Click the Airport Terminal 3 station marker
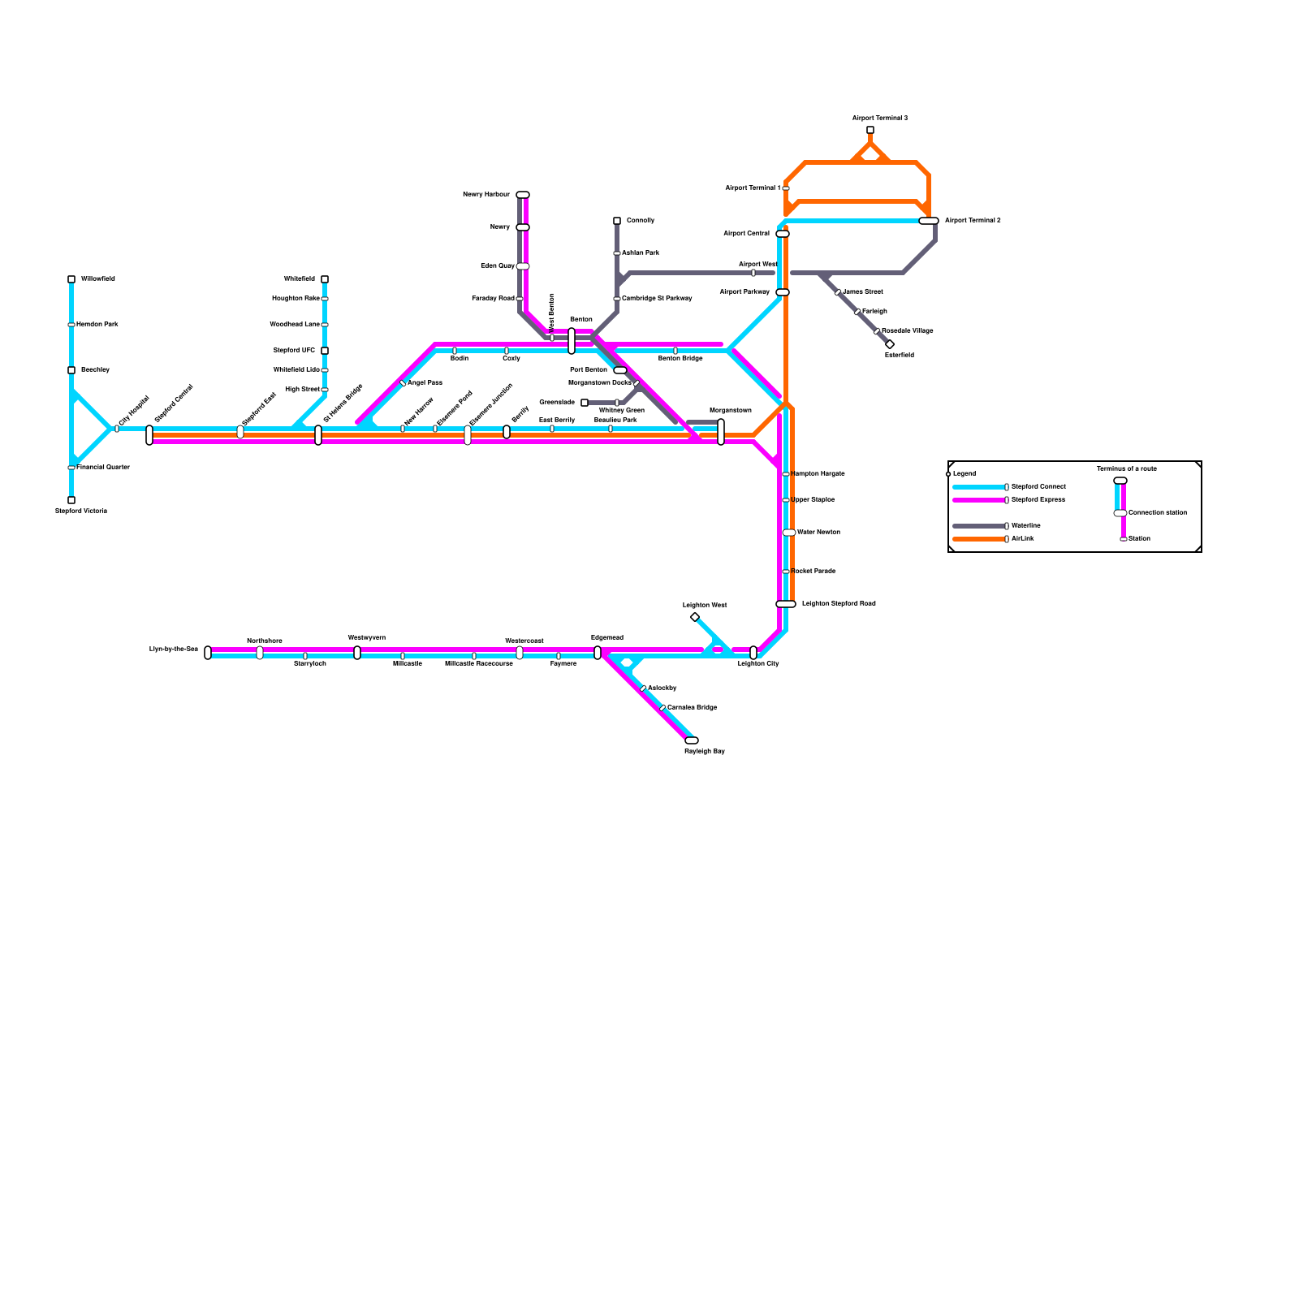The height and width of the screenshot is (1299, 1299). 870,130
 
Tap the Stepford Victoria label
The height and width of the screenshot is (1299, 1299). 81,511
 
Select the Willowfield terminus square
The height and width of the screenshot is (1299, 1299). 71,279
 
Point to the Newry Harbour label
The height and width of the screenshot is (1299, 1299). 486,195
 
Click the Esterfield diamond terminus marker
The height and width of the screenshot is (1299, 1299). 890,344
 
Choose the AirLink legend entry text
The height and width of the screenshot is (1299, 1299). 1023,539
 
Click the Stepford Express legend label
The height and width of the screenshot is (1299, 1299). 1038,500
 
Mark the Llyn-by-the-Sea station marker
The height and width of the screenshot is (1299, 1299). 208,653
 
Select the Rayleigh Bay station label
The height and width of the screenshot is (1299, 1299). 704,752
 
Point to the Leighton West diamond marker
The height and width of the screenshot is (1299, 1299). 695,617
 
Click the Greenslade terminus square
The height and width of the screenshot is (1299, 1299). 585,403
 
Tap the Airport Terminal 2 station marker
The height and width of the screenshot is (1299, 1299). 929,221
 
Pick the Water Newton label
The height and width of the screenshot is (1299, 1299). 818,533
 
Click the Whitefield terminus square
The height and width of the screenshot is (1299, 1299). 325,279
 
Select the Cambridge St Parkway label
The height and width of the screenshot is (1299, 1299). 657,299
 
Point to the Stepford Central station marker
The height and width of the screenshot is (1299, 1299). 149,435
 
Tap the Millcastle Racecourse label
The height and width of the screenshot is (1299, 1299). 479,664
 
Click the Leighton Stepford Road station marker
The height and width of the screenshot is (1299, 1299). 786,604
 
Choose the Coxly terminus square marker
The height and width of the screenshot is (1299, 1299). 617,221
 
